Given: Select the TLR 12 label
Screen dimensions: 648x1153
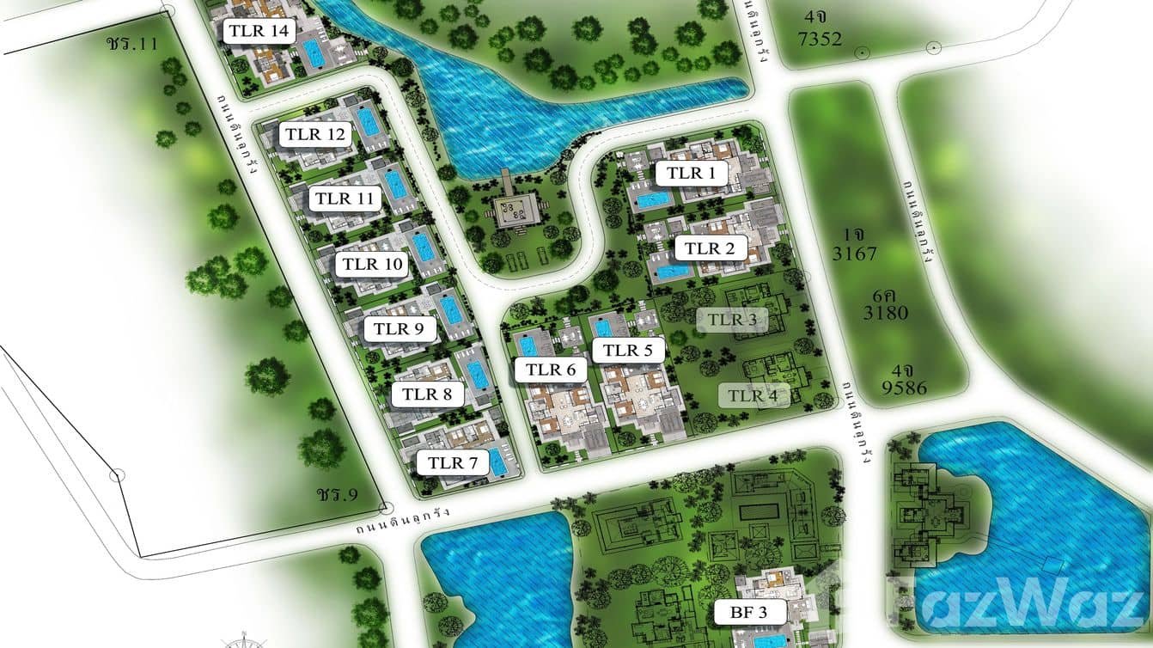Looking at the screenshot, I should (x=315, y=135).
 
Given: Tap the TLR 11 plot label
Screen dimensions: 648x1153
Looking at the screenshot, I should (x=345, y=199).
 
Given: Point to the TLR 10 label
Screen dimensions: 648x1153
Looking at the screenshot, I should (x=371, y=264).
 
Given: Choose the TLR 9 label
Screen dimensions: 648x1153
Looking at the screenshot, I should (x=400, y=328).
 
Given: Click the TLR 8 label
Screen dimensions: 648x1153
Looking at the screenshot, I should (x=427, y=394).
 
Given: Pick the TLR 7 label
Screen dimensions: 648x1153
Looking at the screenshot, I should (x=453, y=462).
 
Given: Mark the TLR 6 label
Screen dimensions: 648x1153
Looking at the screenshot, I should (x=550, y=370).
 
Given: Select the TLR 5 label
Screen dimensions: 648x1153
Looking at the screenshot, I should (x=627, y=350).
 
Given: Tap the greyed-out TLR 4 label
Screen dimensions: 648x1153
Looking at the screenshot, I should (x=753, y=395).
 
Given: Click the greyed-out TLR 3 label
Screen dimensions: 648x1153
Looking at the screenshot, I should (x=731, y=320).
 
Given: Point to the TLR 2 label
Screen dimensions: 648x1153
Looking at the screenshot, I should (x=710, y=249).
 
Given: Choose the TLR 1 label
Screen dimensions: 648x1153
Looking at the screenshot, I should (x=691, y=173).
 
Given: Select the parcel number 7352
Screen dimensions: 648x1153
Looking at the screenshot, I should (x=820, y=39).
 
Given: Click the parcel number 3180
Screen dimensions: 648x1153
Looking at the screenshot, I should (x=885, y=313).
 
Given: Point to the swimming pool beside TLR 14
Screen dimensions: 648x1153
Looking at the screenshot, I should (x=314, y=54).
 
